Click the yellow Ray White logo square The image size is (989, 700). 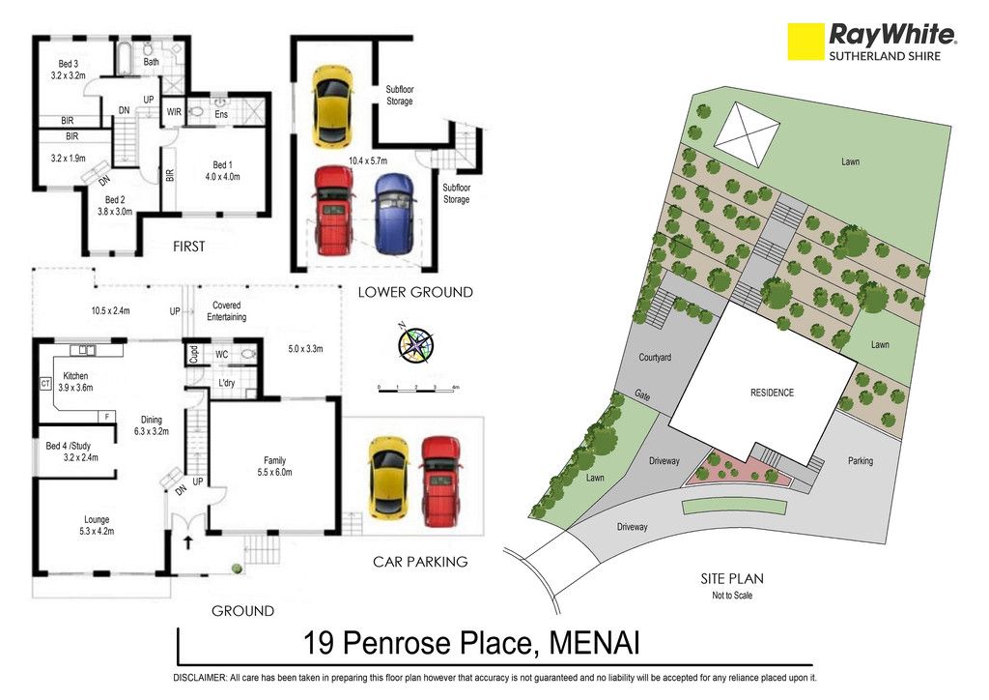[x=805, y=42]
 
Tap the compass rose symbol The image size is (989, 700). [x=415, y=344]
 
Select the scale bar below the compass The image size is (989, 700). [x=416, y=391]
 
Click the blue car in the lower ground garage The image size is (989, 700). [x=394, y=214]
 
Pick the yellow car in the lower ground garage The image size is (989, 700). [x=332, y=105]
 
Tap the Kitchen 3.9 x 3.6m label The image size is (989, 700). [x=75, y=382]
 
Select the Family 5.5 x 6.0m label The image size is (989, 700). [x=274, y=466]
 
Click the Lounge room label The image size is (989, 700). [x=97, y=526]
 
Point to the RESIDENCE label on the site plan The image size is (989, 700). [x=772, y=393]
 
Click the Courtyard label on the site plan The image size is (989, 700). [x=655, y=358]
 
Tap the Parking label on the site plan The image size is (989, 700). [x=861, y=461]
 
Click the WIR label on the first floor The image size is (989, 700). [x=174, y=112]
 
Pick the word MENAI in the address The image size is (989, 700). [x=595, y=644]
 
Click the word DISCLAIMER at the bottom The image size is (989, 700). [x=199, y=678]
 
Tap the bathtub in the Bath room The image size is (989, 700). [x=124, y=58]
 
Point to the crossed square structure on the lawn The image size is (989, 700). [x=747, y=134]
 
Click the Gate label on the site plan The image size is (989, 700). [x=642, y=395]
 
